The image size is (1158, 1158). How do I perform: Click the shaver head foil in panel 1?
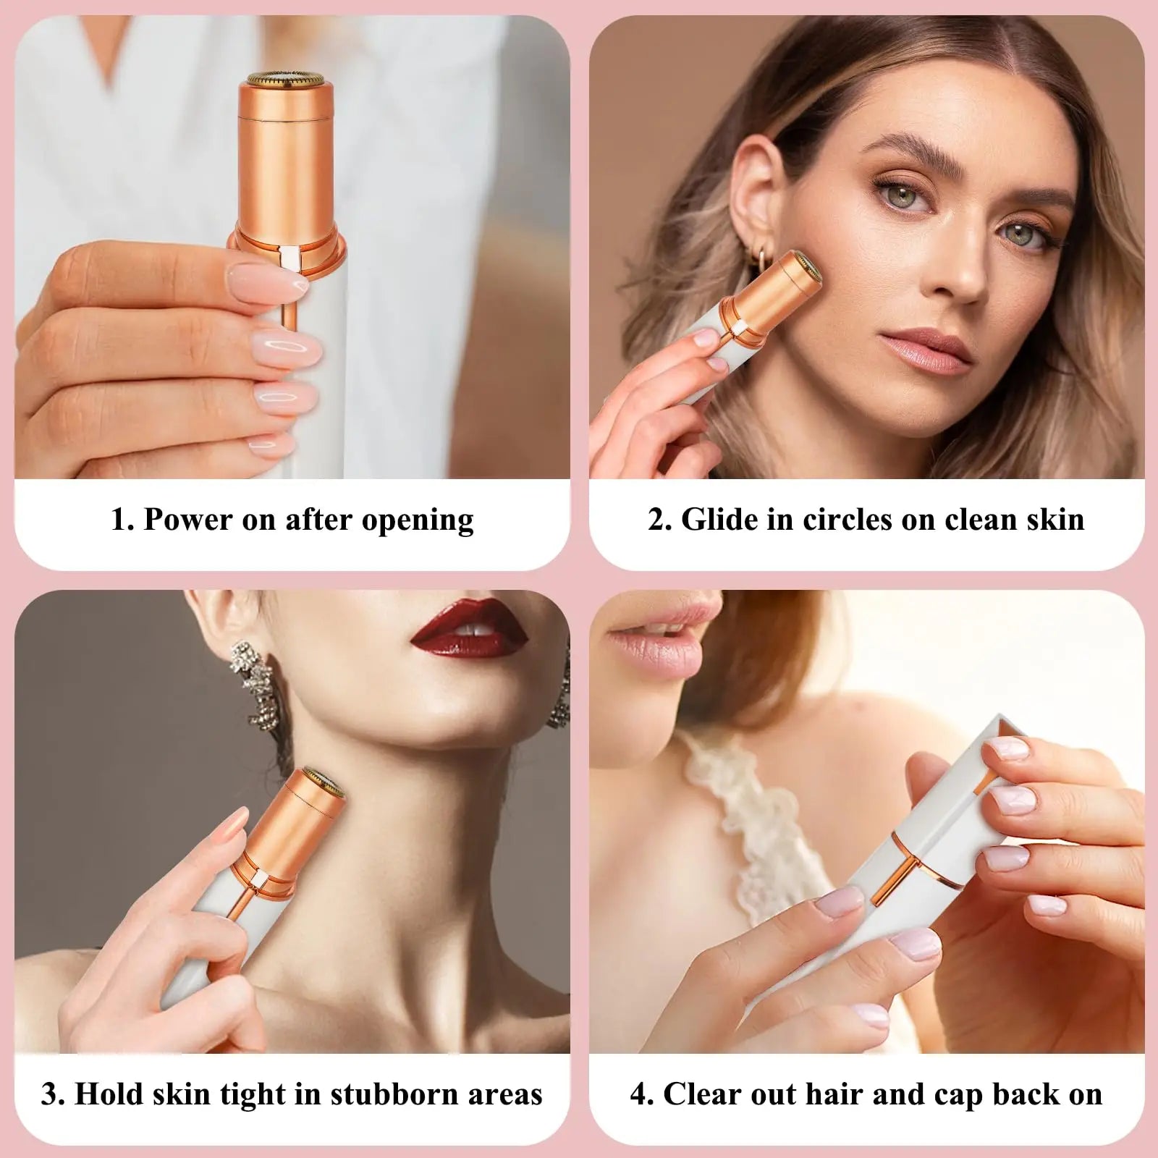pyautogui.click(x=287, y=79)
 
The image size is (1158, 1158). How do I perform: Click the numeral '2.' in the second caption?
pyautogui.click(x=659, y=520)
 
